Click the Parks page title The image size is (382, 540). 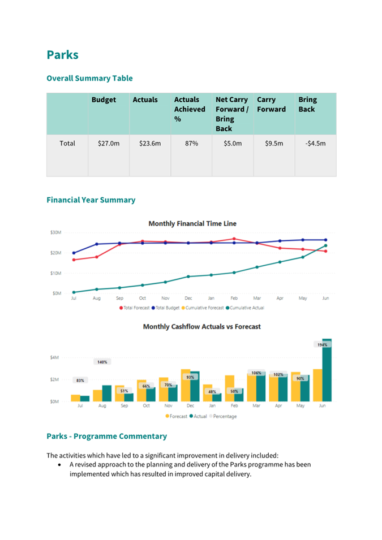click(x=62, y=55)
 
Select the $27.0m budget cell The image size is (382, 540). click(x=109, y=143)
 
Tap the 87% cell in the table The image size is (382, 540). click(x=191, y=143)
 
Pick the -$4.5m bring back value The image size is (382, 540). click(x=315, y=143)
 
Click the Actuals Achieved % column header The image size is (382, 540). click(x=190, y=109)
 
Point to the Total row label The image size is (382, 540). click(x=67, y=143)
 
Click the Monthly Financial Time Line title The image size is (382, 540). click(x=192, y=223)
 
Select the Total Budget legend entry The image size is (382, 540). click(x=165, y=308)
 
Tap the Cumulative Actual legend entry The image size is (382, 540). click(x=245, y=308)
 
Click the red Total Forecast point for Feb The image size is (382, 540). click(x=234, y=239)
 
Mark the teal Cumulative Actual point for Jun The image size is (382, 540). click(x=326, y=245)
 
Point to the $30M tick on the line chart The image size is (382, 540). click(x=56, y=232)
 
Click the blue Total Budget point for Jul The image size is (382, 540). click(x=74, y=253)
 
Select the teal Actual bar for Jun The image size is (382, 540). click(x=327, y=370)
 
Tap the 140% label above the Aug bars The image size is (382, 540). click(x=102, y=362)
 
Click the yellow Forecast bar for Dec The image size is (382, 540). click(x=186, y=386)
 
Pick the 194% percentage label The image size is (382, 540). click(x=323, y=345)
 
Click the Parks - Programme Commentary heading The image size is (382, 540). click(x=107, y=437)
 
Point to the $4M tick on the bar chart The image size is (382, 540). click(x=54, y=357)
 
